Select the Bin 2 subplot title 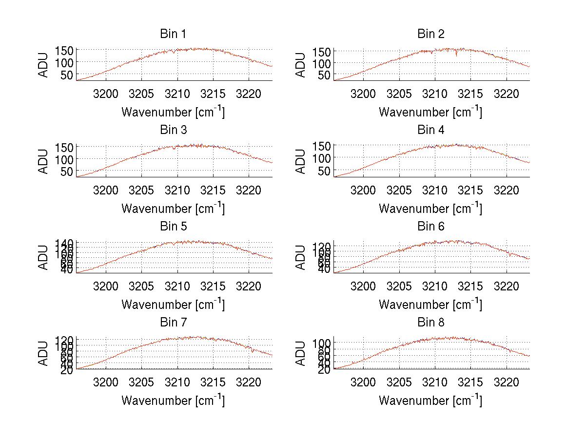point(430,34)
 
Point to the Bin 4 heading point(430,130)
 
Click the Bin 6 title point(430,227)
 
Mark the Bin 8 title point(430,323)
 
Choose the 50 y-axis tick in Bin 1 point(66,75)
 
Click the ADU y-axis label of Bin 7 point(44,354)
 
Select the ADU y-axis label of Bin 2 point(301,65)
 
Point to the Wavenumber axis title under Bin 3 point(173,208)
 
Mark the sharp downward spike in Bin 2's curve point(456,55)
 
